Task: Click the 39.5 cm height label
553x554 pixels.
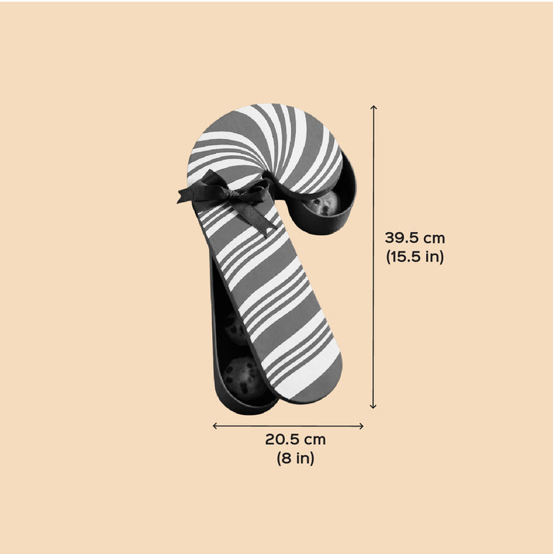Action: (415, 238)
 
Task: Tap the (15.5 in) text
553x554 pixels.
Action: (415, 256)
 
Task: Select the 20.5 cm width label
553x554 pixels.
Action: (296, 440)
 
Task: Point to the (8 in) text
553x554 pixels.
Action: (296, 458)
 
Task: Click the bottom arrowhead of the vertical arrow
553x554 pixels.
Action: (373, 407)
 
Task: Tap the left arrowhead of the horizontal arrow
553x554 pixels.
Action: (214, 426)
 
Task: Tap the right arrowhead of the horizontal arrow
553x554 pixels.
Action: (361, 426)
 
